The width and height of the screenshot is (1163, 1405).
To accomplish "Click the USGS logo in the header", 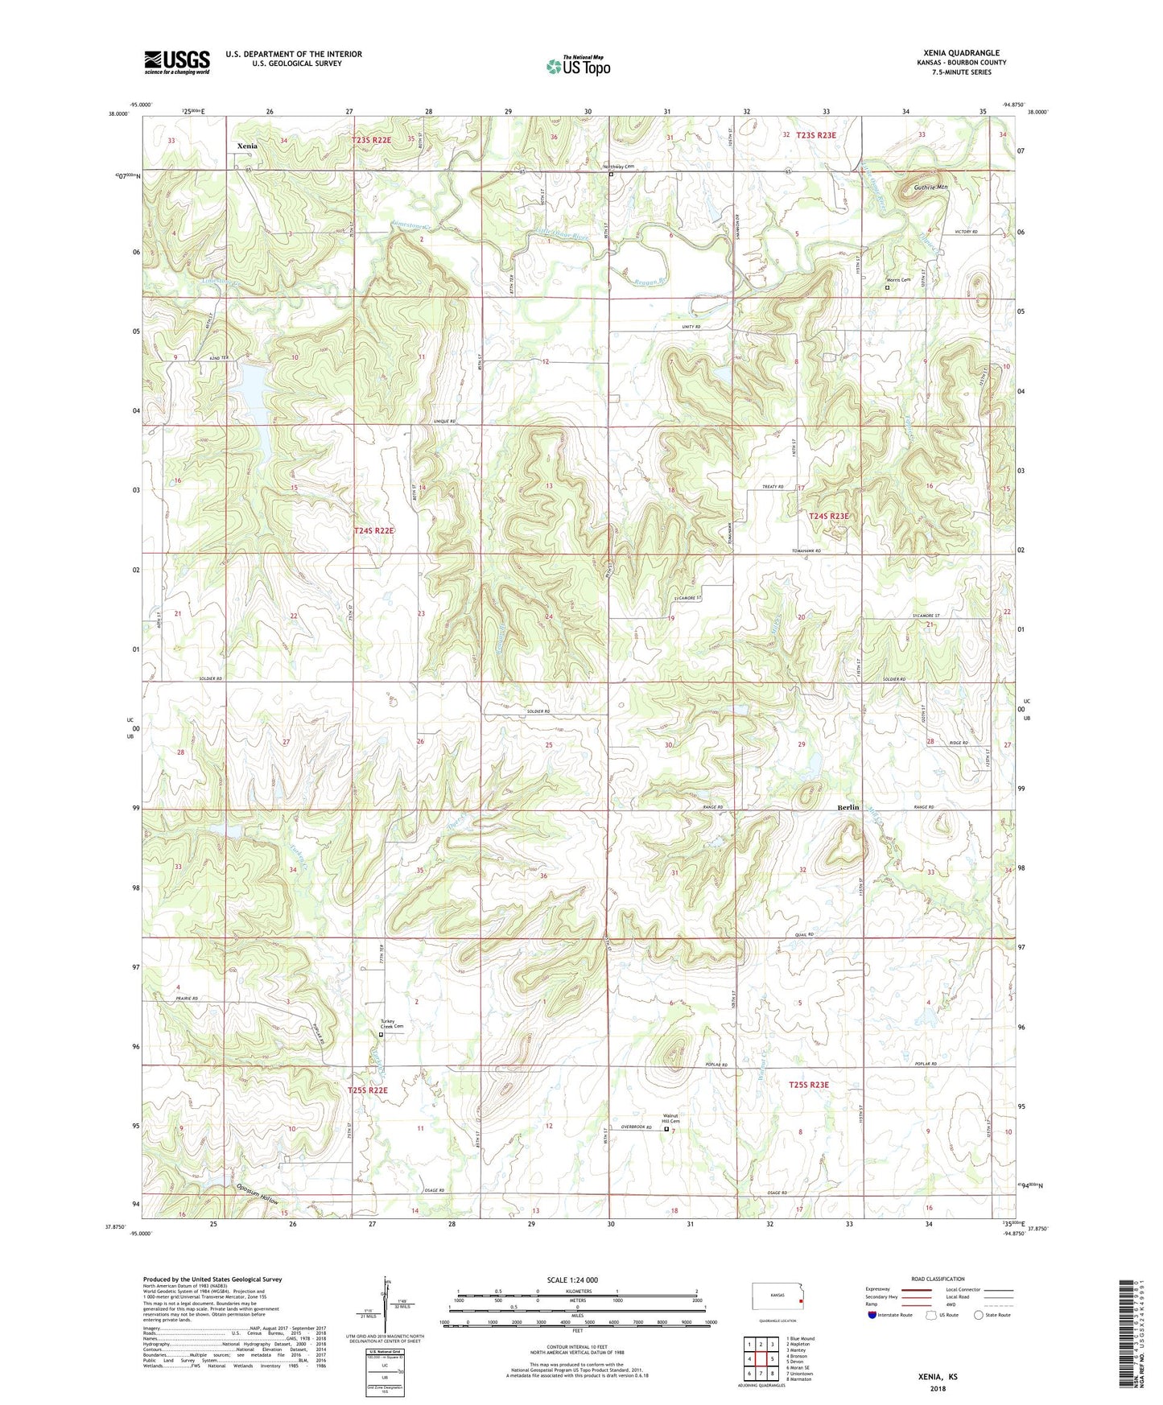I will coord(176,62).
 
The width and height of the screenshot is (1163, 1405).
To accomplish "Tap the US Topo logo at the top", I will coord(578,66).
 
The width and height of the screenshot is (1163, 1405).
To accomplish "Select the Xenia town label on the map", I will coord(247,146).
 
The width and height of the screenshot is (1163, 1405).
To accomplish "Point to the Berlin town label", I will coord(848,807).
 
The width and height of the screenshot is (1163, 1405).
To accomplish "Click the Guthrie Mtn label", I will coord(930,187).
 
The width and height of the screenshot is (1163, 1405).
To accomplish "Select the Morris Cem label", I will coord(897,280).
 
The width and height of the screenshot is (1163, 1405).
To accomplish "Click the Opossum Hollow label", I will coord(258,1194).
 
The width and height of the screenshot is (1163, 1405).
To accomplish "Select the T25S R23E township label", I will coord(808,1085).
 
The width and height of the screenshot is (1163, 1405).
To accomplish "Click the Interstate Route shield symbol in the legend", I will coord(872,1315).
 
